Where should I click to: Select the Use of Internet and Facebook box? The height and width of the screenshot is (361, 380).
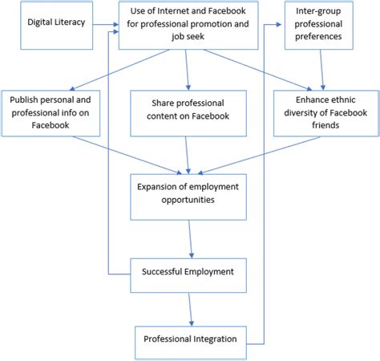click(x=189, y=25)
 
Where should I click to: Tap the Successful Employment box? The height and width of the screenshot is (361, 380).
click(x=189, y=272)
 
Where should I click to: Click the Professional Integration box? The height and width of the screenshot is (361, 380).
click(x=189, y=339)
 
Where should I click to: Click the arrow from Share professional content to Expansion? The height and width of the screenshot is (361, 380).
click(x=189, y=152)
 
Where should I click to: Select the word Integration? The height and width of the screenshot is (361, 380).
click(x=213, y=339)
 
